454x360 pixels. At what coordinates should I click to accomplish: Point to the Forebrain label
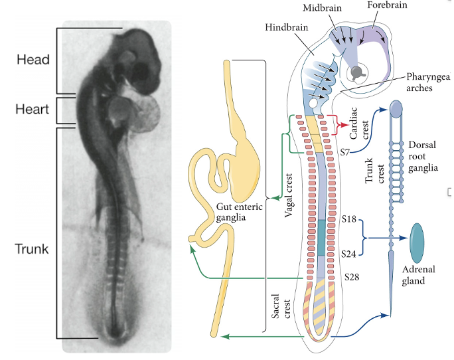pyautogui.click(x=387, y=5)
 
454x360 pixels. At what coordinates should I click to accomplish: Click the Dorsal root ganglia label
pyautogui.click(x=423, y=155)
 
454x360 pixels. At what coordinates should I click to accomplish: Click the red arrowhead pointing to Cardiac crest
pyautogui.click(x=343, y=125)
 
